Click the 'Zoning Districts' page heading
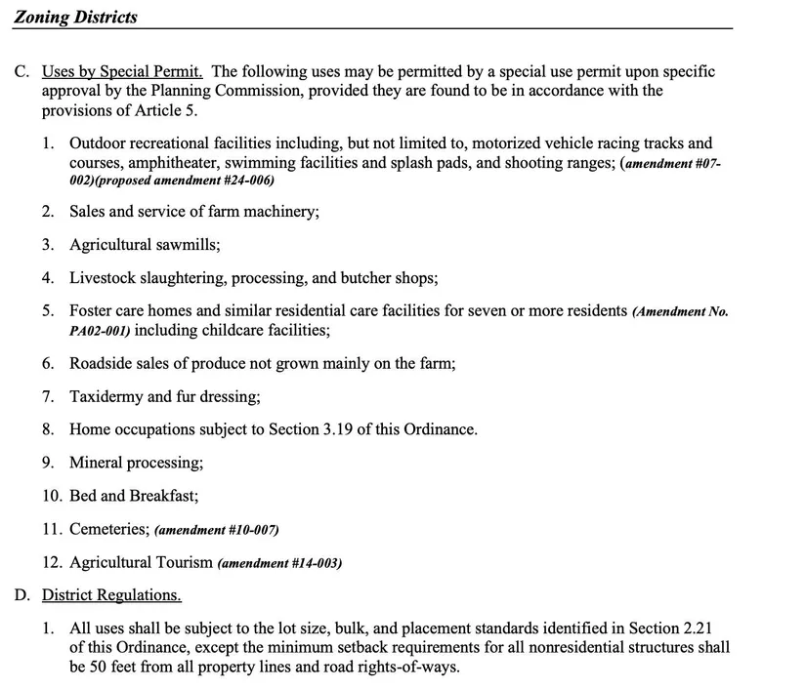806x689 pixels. click(x=75, y=17)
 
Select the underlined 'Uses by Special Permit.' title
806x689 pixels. click(x=122, y=71)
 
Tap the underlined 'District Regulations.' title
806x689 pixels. click(x=111, y=594)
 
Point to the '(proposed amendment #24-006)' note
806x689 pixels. click(x=186, y=181)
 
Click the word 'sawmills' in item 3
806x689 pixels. click(x=188, y=245)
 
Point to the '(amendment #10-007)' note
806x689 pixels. click(x=217, y=530)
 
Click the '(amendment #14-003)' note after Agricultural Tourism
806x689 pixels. click(x=279, y=563)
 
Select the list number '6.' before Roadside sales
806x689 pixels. click(x=48, y=363)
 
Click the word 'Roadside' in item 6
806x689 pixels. click(x=99, y=363)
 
